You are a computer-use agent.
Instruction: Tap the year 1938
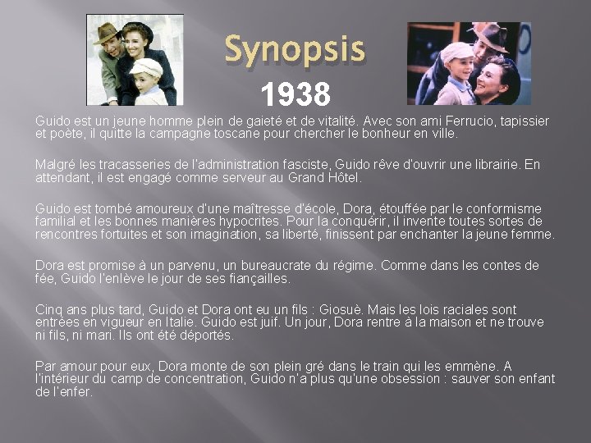(295, 94)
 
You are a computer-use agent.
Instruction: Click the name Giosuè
(364, 310)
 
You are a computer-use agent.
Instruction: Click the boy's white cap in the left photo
(147, 66)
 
